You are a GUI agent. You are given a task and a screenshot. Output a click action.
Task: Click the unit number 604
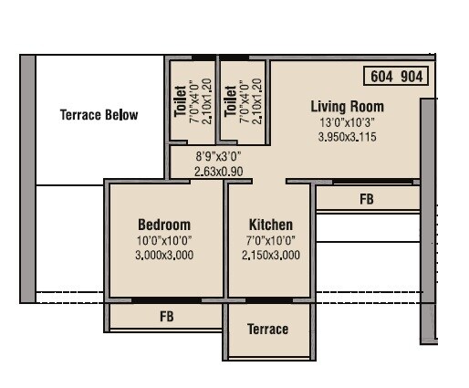tap(381, 77)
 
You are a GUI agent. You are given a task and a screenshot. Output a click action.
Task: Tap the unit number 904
tap(412, 77)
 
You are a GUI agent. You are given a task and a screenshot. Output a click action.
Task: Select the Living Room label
tap(347, 106)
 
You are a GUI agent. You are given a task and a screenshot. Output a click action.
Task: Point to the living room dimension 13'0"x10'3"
tap(347, 122)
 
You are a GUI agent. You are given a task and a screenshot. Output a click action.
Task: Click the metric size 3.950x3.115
tap(347, 138)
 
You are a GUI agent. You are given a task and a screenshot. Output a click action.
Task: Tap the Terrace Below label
tap(99, 115)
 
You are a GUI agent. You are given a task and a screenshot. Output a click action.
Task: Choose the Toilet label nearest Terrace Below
tap(180, 101)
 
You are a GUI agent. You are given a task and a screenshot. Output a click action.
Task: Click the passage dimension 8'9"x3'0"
tap(218, 156)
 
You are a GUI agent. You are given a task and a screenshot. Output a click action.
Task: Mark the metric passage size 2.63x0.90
tap(218, 171)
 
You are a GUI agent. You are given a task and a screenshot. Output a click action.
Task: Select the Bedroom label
tap(164, 225)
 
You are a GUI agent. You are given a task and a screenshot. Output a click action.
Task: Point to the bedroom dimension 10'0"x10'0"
tap(164, 241)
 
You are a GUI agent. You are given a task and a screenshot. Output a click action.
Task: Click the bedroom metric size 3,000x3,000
tap(164, 256)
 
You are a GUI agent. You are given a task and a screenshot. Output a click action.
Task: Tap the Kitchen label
tap(271, 225)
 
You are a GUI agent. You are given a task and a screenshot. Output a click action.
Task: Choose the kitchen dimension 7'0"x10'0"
tap(271, 241)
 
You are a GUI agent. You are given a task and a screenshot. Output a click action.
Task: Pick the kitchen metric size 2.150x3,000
tap(271, 256)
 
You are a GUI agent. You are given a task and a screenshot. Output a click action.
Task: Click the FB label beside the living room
tap(367, 198)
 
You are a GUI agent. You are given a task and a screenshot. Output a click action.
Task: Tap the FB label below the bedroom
tap(166, 317)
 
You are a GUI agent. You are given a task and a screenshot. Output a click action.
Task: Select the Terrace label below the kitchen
tap(267, 329)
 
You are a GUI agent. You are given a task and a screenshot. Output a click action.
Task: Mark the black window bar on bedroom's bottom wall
tap(166, 299)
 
